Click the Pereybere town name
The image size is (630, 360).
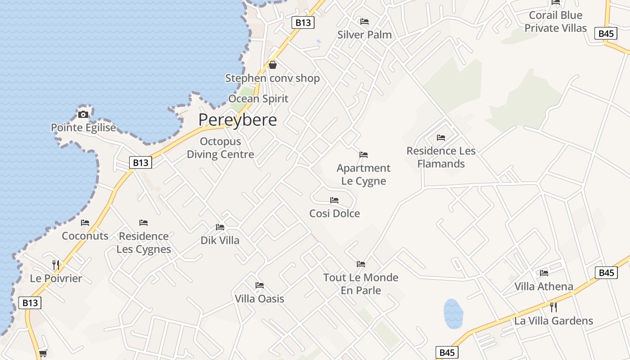[238, 120]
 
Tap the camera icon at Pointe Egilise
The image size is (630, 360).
[83, 114]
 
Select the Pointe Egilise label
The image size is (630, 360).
[83, 128]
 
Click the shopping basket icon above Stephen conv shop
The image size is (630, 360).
[273, 65]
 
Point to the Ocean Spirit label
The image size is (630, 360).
[258, 99]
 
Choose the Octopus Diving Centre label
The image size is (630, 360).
[220, 148]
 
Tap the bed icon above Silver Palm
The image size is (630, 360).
[364, 22]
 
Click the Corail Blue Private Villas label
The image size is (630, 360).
[556, 22]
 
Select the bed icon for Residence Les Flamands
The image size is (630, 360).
[441, 138]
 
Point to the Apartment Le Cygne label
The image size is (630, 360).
[364, 175]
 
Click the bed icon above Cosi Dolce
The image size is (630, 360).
[334, 200]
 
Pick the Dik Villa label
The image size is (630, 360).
[220, 240]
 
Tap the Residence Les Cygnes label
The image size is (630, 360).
[144, 243]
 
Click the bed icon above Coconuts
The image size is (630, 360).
[85, 223]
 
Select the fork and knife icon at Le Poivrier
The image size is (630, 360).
[56, 265]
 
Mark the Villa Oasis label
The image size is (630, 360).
[260, 299]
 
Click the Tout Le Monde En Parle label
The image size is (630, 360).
[361, 284]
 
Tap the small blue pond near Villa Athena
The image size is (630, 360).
[453, 314]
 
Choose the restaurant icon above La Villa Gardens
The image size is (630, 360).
[553, 307]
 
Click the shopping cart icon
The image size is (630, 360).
[43, 354]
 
